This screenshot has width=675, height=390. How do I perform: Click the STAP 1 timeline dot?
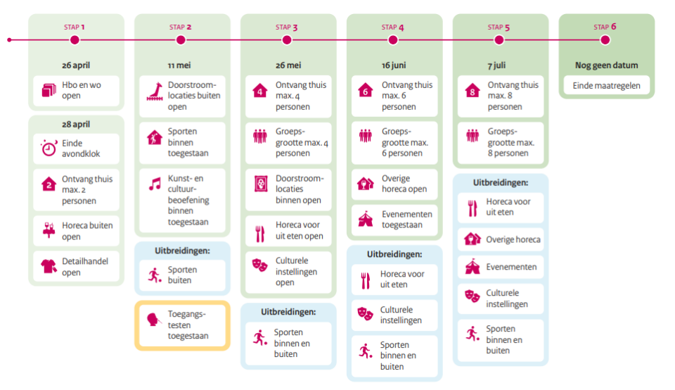point(75,40)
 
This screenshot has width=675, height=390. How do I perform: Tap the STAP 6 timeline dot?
point(606,40)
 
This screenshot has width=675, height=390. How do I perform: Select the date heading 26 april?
point(76,65)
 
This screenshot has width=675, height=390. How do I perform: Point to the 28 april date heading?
point(76,124)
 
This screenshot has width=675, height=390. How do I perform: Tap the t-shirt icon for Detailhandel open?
point(49,266)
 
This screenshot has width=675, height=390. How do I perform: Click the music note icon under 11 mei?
point(155,184)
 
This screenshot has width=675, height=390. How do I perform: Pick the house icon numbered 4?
point(260,90)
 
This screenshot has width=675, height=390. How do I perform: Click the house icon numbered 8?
point(472,90)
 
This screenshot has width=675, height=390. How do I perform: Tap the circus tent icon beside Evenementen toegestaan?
point(366,219)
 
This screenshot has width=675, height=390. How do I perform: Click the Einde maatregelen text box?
point(606,87)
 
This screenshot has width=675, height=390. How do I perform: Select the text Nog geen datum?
point(606,65)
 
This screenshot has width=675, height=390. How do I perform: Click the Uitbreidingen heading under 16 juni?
point(394,254)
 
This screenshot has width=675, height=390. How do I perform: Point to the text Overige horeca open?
point(404,184)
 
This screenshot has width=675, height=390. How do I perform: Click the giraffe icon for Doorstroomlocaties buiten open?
point(155,91)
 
